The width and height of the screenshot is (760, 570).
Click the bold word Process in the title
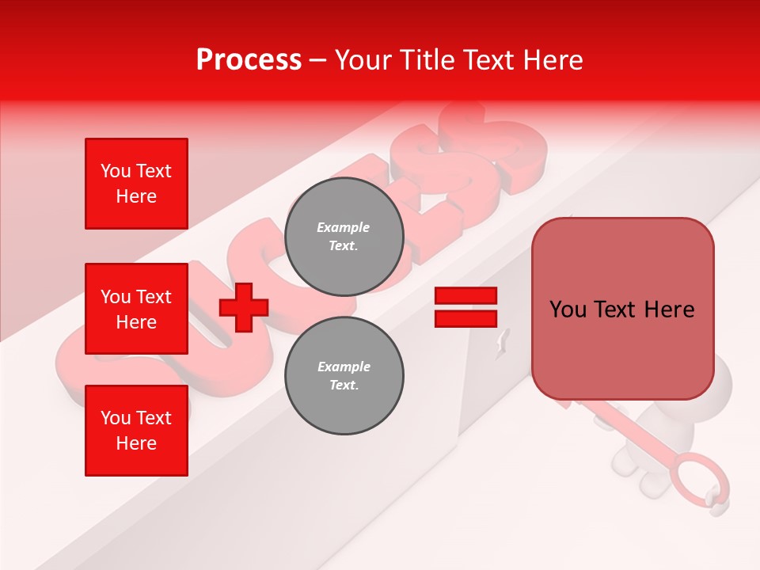pyautogui.click(x=249, y=59)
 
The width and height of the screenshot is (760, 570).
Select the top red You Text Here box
pyautogui.click(x=136, y=184)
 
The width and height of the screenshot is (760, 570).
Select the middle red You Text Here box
pyautogui.click(x=136, y=309)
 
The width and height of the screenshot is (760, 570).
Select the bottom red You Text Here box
pyautogui.click(x=136, y=431)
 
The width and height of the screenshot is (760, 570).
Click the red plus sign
pyautogui.click(x=244, y=307)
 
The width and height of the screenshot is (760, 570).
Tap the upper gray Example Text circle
pyautogui.click(x=344, y=237)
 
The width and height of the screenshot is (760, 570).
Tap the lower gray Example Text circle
pyautogui.click(x=344, y=376)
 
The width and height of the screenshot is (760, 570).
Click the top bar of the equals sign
pyautogui.click(x=465, y=296)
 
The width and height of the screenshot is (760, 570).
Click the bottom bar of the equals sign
pyautogui.click(x=465, y=318)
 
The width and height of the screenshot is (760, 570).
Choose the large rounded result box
pyautogui.click(x=622, y=309)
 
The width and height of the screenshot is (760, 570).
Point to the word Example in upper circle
pyautogui.click(x=344, y=227)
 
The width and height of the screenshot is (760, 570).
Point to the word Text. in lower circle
pyautogui.click(x=344, y=386)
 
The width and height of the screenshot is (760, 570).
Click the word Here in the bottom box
pyautogui.click(x=136, y=443)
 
